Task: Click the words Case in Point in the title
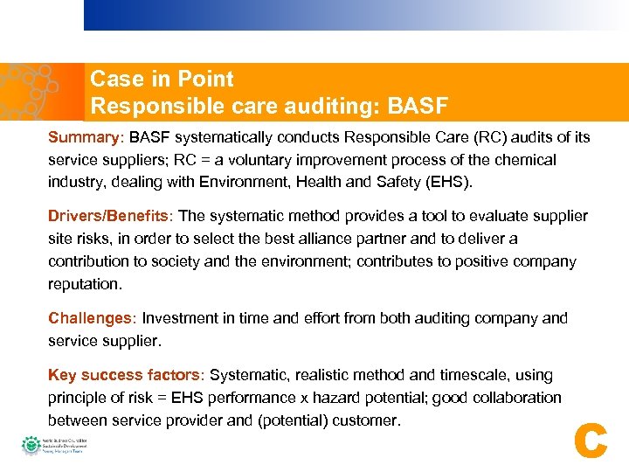pos(162,80)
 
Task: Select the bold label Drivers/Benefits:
pos(110,216)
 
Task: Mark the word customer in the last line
pos(366,420)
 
